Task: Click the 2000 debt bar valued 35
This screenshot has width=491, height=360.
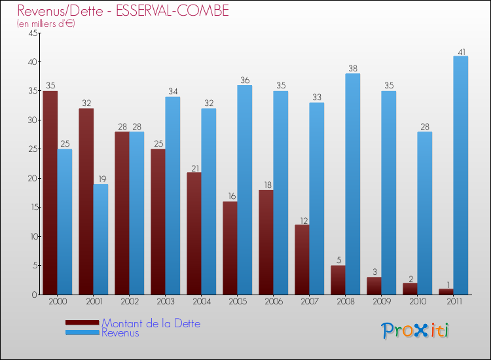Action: pos(50,193)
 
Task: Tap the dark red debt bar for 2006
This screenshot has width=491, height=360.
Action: pos(266,242)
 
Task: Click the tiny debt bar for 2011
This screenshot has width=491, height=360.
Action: pos(446,292)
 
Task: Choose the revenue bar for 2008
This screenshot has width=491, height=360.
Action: pos(353,184)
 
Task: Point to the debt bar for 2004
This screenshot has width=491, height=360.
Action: pos(194,233)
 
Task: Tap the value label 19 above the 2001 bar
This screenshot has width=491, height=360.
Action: pos(102,179)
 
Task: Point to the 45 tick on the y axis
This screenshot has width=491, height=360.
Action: pos(32,33)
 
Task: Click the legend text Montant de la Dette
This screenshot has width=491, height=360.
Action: pos(151,323)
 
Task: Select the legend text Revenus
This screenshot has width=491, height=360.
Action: pos(120,333)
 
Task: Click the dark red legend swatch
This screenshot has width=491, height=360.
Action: pos(82,323)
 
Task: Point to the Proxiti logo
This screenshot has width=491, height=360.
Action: pos(415,331)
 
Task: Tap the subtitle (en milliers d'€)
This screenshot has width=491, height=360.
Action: pos(46,24)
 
